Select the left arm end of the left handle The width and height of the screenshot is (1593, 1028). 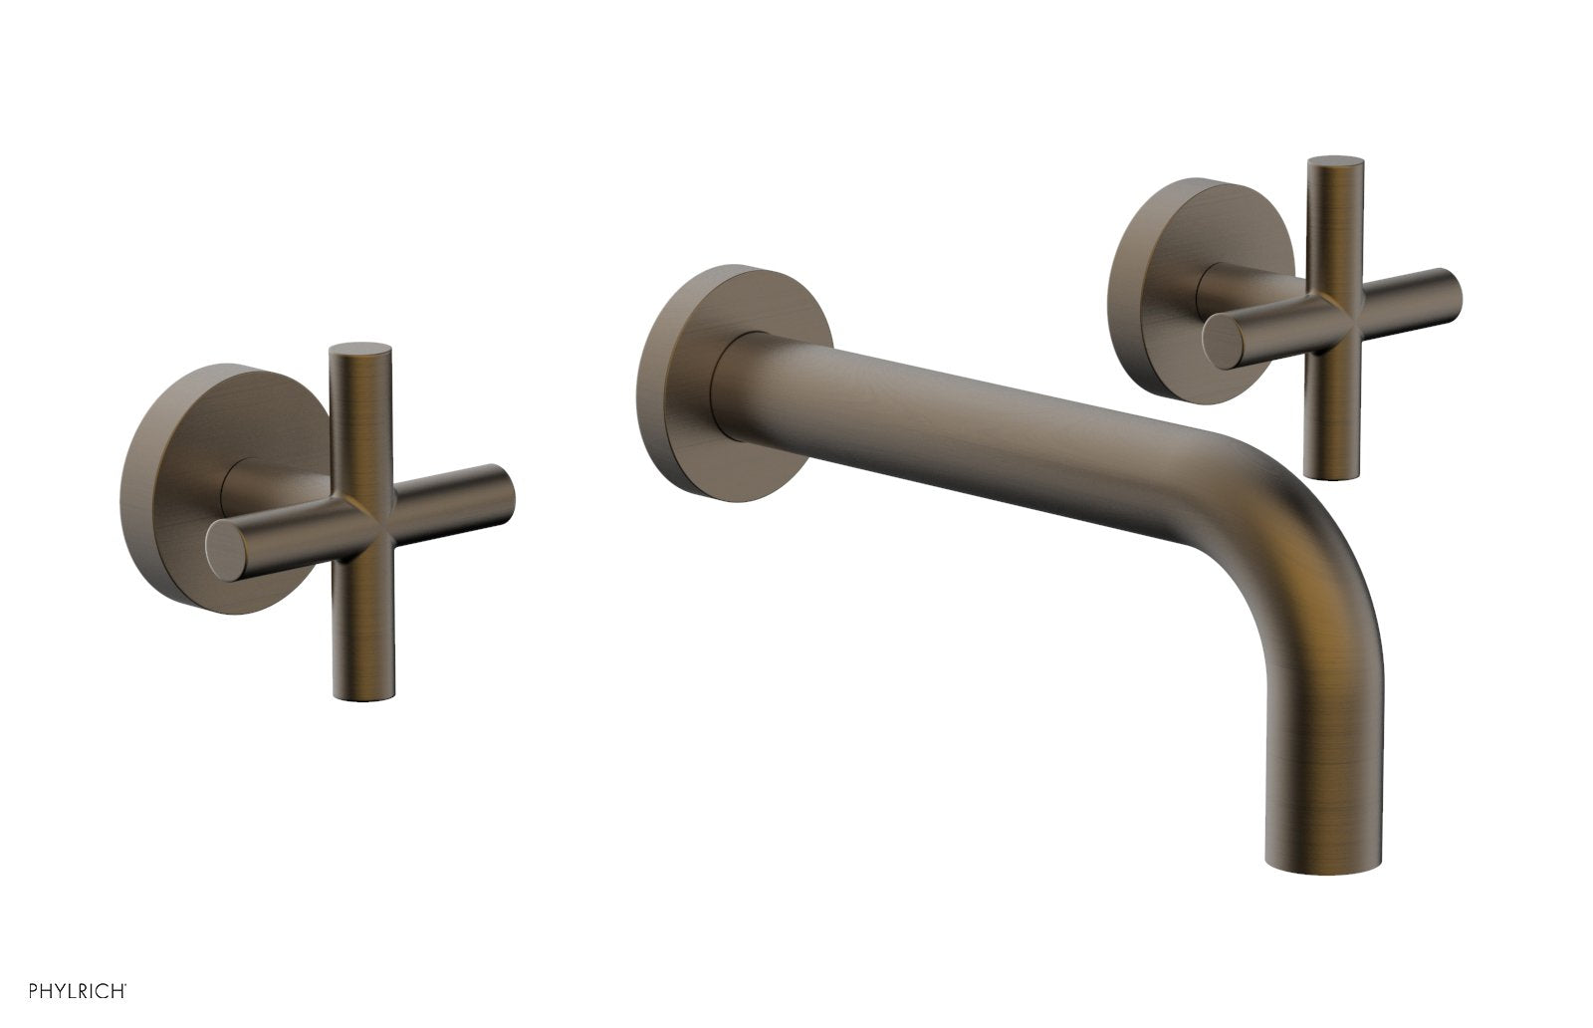coord(223,550)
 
